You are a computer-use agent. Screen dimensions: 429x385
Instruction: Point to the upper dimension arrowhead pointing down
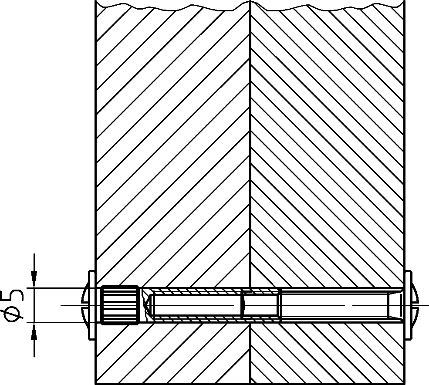pos(34,279)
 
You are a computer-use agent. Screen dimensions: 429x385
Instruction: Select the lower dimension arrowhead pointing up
pos(34,331)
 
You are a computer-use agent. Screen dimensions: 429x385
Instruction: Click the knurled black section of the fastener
pos(119,305)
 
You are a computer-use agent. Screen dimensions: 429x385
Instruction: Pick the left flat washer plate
pos(91,305)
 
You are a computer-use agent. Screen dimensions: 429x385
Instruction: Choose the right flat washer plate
pos(408,305)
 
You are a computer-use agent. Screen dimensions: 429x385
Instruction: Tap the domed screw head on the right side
pos(415,305)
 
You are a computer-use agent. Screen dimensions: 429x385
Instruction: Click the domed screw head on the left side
pos(85,305)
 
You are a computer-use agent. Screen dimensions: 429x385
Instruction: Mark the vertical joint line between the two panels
pos(250,192)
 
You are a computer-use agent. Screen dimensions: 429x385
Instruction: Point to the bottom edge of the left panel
pos(172,383)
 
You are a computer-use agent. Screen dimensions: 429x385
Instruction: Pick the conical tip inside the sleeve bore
pos(148,305)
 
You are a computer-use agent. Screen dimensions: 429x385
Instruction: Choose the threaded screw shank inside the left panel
pos(197,305)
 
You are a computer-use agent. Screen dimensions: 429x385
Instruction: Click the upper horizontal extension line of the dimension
pos(64,288)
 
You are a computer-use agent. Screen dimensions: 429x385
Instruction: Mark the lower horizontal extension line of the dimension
pos(64,323)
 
